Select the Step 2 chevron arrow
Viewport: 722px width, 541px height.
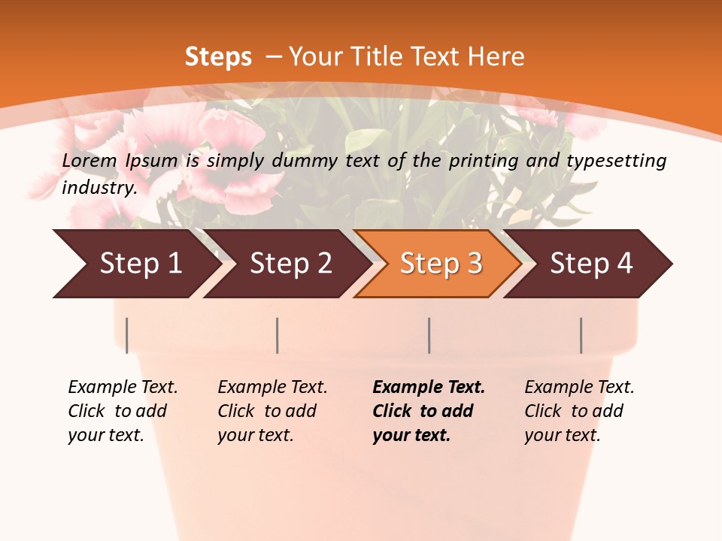(x=290, y=264)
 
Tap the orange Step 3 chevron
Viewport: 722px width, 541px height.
(x=440, y=264)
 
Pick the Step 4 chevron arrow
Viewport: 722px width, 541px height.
(x=590, y=264)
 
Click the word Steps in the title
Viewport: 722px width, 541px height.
(x=218, y=57)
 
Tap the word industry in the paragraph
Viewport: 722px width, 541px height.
(x=99, y=188)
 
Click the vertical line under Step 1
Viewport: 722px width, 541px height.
(x=127, y=335)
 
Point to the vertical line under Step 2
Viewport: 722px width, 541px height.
(x=278, y=335)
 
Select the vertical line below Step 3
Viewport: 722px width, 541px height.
(x=429, y=335)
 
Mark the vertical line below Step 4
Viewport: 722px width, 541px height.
(x=581, y=335)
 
